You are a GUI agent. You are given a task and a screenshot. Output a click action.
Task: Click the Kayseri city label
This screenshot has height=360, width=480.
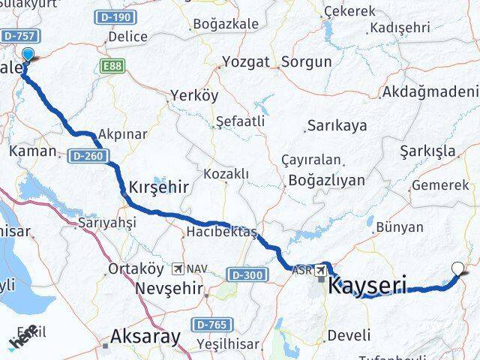[367, 285]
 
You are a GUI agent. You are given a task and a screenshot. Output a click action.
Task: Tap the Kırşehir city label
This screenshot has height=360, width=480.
[160, 185]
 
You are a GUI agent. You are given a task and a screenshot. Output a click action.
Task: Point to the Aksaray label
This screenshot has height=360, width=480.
[145, 336]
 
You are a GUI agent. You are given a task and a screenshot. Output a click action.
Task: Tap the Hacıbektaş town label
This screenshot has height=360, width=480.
[223, 231]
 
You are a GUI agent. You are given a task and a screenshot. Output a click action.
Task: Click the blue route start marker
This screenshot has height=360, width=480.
[28, 55]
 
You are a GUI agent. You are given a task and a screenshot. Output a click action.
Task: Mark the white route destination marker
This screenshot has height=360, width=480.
[459, 267]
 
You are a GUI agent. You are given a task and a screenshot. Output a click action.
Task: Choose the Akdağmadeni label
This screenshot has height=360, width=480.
[430, 92]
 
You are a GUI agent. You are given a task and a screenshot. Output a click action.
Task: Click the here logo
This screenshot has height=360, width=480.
[22, 336]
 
